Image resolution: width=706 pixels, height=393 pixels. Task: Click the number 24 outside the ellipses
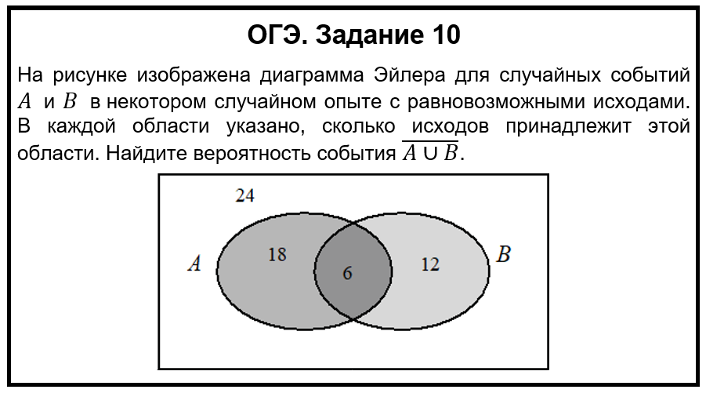tap(245, 196)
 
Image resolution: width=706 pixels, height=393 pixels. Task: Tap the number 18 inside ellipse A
tap(277, 254)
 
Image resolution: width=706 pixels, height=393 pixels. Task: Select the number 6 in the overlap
tap(348, 273)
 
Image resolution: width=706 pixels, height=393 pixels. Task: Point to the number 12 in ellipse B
tap(429, 265)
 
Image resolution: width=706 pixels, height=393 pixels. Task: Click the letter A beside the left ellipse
tap(194, 264)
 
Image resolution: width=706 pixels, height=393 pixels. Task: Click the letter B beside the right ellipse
tap(504, 255)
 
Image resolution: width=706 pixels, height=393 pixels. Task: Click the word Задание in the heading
tap(365, 35)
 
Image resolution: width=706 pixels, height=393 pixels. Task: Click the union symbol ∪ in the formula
tap(429, 153)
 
